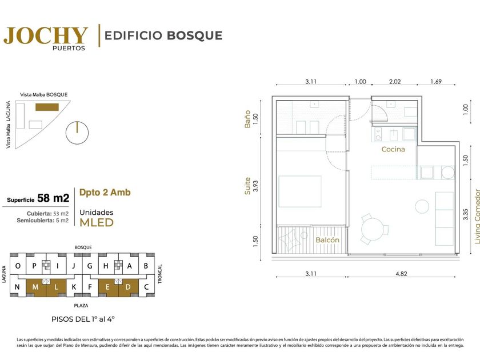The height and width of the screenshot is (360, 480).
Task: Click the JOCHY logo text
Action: tap(46, 35)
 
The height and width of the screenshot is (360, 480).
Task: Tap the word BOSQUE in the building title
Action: tap(195, 35)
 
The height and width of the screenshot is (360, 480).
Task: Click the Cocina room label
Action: tap(393, 149)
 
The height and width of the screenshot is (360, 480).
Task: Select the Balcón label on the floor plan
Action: tap(327, 239)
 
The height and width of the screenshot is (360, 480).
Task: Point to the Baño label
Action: tap(247, 119)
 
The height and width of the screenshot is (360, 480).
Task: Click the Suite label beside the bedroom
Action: tap(247, 186)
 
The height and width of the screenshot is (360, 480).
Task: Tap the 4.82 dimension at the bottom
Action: tap(401, 274)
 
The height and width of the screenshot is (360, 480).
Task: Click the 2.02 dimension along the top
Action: tap(395, 82)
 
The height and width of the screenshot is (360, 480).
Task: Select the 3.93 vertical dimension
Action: tap(255, 186)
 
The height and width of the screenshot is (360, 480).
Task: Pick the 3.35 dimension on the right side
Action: tap(466, 214)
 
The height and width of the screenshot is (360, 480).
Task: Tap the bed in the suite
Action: tap(300, 191)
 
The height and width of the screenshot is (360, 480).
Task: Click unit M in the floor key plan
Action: tap(35, 287)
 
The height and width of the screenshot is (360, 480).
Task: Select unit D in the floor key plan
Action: tap(128, 287)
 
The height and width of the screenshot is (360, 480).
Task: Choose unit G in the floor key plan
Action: tap(90, 266)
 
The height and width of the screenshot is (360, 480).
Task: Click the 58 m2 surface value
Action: tap(53, 198)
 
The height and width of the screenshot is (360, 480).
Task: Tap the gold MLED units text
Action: tap(97, 222)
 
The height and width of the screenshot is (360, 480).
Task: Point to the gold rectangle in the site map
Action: tap(47, 107)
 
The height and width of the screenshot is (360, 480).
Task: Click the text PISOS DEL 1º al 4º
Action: tap(83, 319)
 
